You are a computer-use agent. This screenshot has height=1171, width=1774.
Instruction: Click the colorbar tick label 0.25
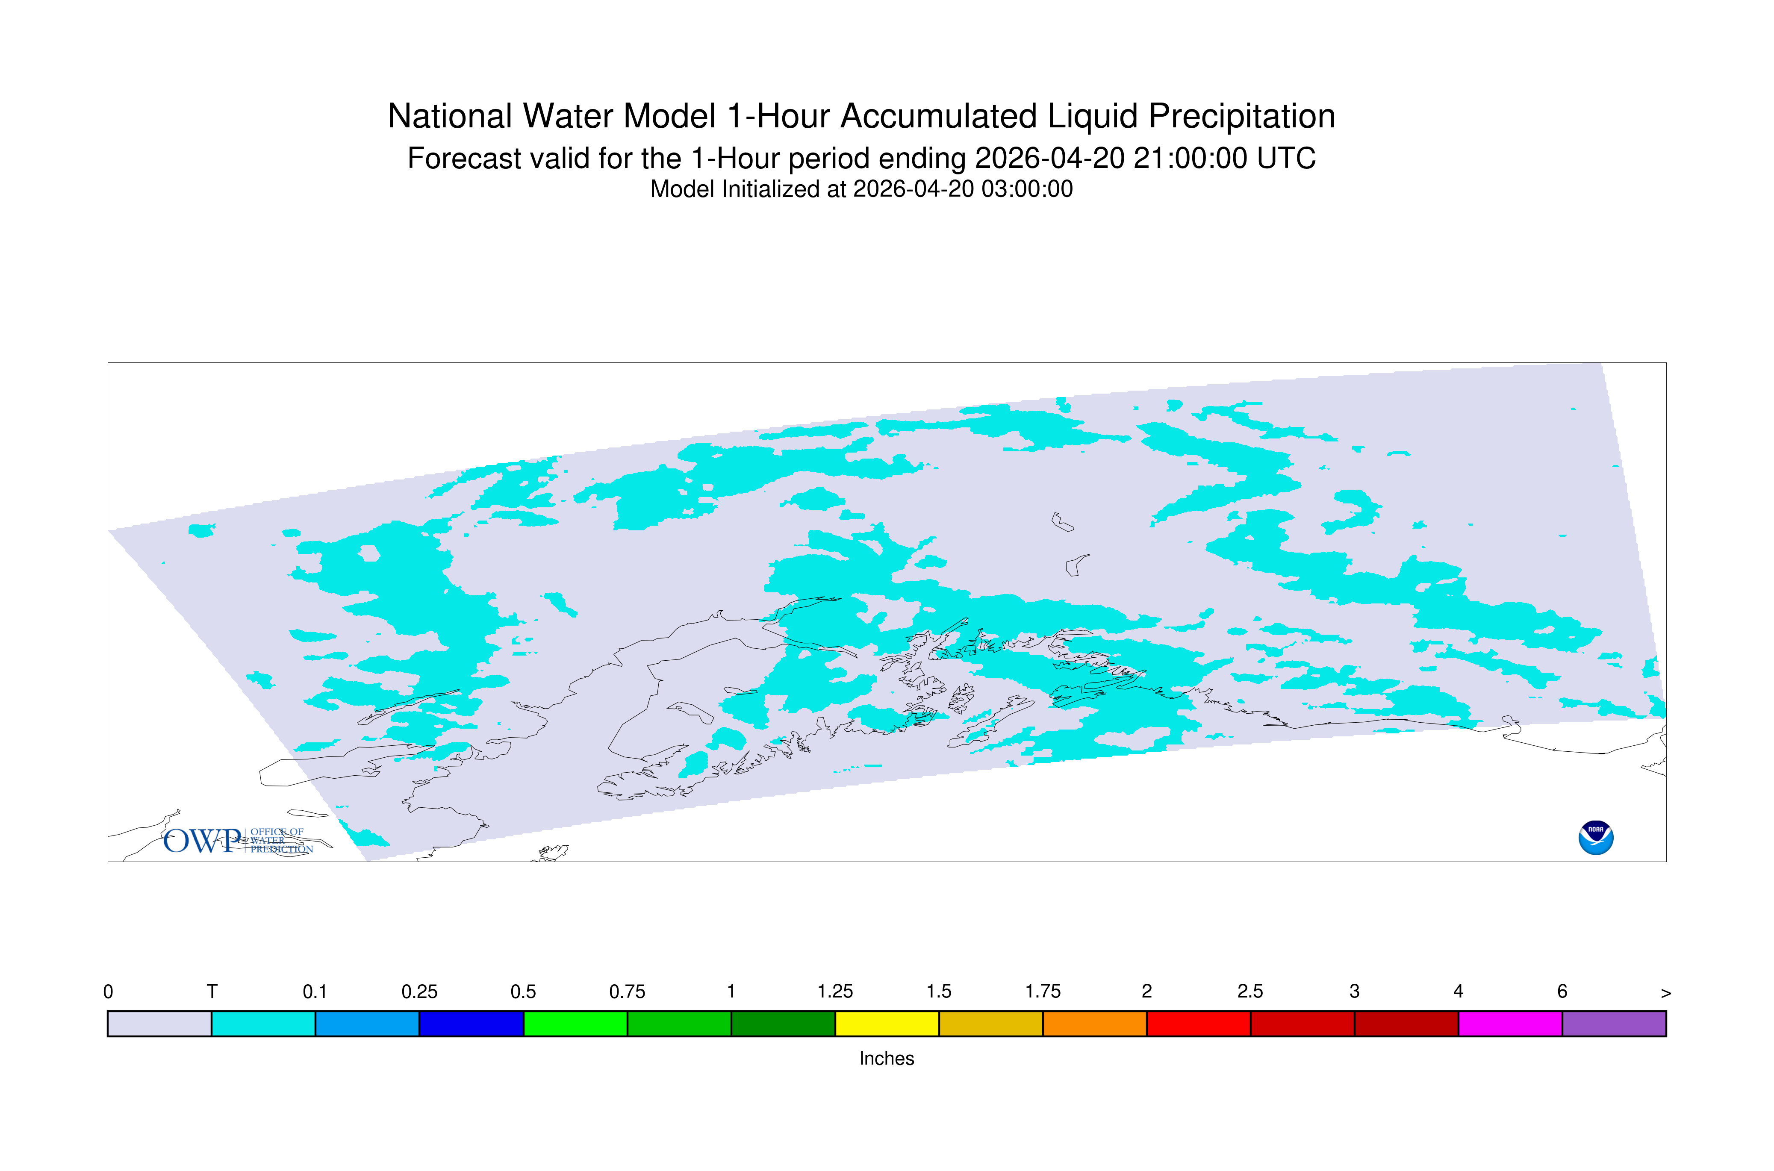419,992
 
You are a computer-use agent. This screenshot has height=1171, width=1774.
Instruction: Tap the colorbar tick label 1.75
1043,992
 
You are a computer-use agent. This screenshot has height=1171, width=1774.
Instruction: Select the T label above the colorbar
212,992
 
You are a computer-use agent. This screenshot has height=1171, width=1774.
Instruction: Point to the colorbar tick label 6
1562,992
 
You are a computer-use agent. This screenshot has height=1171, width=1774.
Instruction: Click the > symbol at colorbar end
1666,993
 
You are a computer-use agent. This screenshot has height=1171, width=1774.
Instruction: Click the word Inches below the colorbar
887,1058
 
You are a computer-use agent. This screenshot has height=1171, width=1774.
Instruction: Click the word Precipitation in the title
1241,117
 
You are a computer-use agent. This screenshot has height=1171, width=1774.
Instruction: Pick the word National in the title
450,117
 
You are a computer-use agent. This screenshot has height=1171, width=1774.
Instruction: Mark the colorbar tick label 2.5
1250,992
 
